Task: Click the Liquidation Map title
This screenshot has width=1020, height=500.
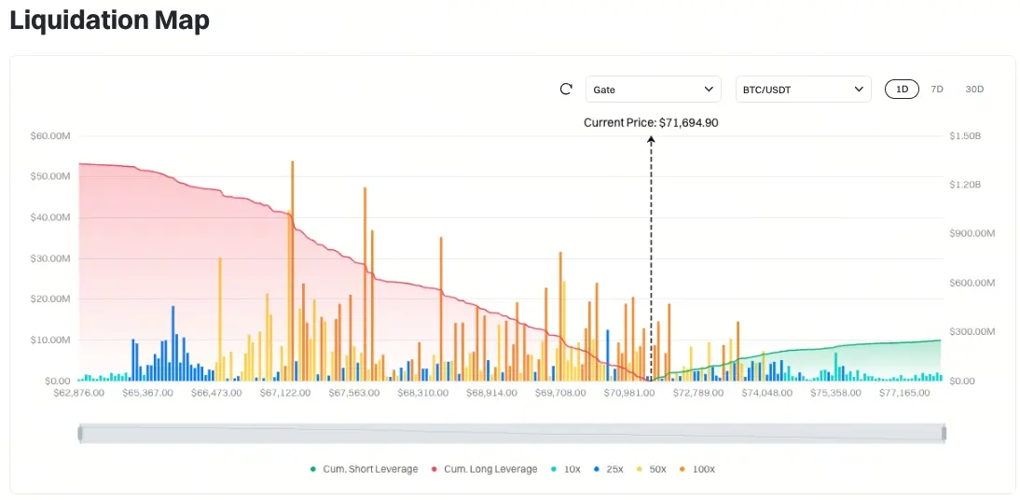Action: coord(109,21)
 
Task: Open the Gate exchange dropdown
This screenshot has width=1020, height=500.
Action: coord(653,90)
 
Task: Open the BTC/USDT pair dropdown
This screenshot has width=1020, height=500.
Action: coord(803,90)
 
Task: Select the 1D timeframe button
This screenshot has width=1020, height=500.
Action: coord(902,90)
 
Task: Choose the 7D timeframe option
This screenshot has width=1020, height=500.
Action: coord(937,90)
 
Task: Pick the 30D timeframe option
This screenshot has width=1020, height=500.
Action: coord(974,90)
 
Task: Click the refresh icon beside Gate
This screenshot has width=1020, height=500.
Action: coord(566,90)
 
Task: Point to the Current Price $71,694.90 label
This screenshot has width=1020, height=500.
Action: coord(651,122)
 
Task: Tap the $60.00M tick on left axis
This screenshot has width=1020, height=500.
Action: coord(50,136)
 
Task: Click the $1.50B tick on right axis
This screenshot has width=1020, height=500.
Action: coord(965,136)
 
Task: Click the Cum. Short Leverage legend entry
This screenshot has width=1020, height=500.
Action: coord(364,469)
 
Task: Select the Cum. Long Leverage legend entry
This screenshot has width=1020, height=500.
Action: coord(484,469)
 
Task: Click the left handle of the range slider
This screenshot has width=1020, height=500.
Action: coord(80,433)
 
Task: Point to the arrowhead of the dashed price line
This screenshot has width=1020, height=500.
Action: coord(651,139)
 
